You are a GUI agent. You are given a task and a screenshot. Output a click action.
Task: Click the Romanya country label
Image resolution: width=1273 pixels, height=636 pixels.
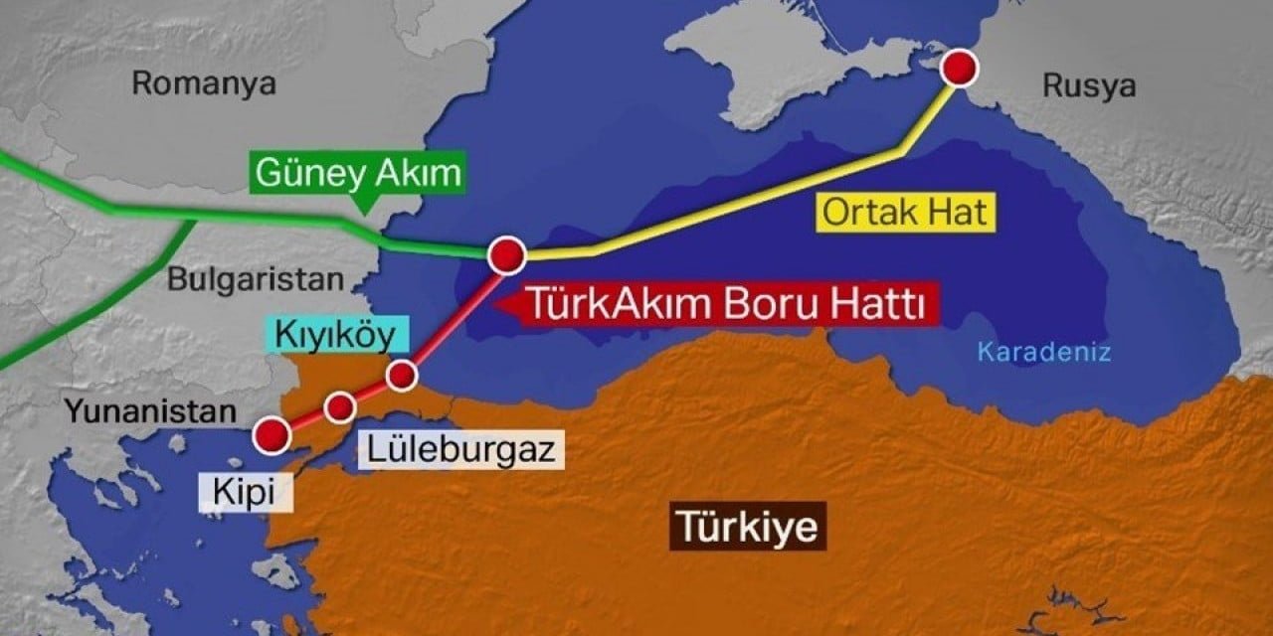204,83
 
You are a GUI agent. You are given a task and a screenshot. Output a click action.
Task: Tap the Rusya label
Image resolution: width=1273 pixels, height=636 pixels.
1089,85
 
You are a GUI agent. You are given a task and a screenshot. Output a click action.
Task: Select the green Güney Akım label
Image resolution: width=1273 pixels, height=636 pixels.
358,173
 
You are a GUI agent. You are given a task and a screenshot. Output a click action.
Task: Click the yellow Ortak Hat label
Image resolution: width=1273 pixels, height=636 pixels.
906,213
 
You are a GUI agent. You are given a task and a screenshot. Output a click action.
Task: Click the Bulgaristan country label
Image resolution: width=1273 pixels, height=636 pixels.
254,278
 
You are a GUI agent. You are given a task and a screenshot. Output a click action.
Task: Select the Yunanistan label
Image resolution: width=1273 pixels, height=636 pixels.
151,409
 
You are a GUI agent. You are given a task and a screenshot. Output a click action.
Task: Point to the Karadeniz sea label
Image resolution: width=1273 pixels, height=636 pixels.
1043,351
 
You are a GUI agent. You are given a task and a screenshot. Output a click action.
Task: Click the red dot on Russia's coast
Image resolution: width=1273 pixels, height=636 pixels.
960,69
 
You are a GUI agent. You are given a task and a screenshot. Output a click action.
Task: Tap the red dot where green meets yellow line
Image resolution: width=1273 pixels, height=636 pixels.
507,255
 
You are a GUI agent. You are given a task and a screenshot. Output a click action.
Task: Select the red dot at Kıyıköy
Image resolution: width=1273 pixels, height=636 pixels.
402,375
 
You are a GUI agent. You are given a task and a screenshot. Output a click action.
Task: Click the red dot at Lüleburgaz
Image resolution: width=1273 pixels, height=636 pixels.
340,406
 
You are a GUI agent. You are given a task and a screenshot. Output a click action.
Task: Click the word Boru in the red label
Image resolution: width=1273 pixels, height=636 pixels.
779,303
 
